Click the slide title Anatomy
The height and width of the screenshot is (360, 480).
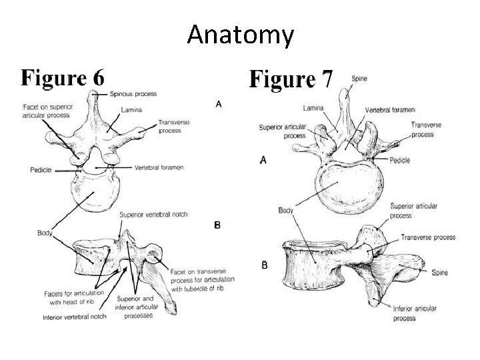coord(240,34)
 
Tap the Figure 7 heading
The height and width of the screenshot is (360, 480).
coord(291,79)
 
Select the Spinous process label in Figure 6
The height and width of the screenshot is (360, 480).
coord(133,94)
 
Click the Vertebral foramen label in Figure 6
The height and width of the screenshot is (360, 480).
coord(159,167)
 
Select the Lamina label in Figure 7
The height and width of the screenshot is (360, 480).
coord(313,107)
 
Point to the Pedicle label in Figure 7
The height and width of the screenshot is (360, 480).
coord(399,160)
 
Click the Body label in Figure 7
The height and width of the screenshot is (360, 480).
coord(285,211)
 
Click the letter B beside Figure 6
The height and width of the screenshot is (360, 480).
coord(217,225)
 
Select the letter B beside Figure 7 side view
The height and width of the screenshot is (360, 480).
coord(265,265)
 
